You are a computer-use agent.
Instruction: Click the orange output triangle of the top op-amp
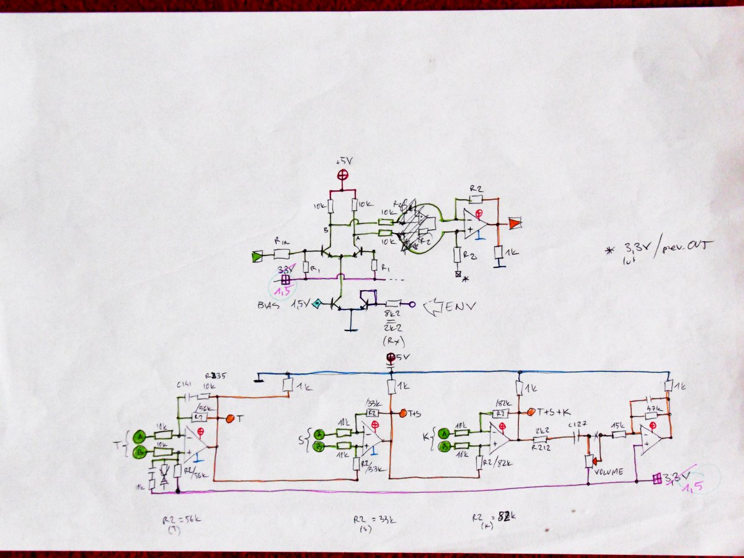tap(514, 223)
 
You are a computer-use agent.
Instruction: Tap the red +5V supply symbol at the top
tap(342, 175)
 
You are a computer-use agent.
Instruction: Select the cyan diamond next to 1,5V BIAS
tap(317, 303)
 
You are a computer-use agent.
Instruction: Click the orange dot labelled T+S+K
tap(531, 412)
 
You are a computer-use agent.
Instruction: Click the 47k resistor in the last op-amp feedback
tap(651, 415)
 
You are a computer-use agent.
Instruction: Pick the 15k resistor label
tap(618, 426)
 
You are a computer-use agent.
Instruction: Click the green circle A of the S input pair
tap(320, 433)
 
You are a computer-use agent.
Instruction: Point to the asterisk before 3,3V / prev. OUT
tap(610, 250)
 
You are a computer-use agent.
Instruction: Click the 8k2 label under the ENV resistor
tap(391, 316)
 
